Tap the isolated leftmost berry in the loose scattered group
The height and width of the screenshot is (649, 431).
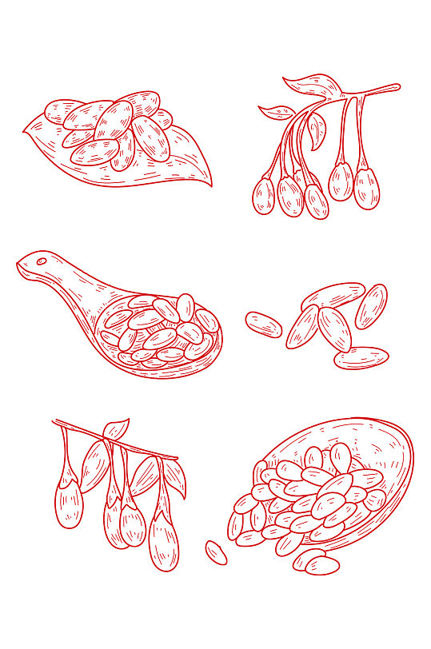(264, 324)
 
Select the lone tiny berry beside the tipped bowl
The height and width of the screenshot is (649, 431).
(216, 551)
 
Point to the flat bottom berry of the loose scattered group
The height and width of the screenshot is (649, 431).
(361, 356)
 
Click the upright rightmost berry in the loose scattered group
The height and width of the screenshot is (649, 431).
(371, 306)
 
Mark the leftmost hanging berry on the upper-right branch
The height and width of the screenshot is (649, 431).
(263, 196)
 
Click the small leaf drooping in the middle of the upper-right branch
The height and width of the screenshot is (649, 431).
(317, 127)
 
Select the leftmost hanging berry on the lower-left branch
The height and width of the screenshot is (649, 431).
(69, 503)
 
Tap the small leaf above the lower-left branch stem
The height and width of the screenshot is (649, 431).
(117, 429)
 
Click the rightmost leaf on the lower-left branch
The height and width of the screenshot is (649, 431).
(175, 479)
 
